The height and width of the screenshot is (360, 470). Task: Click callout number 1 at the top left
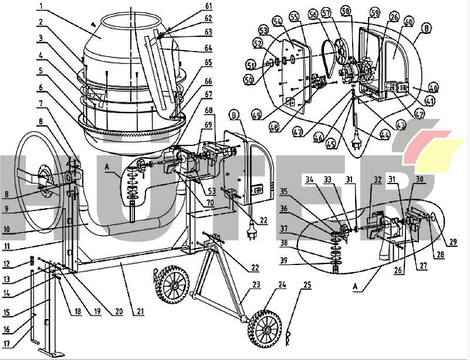point(41,6)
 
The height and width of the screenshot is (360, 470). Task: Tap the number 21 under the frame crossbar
point(139,312)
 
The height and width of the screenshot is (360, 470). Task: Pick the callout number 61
point(208,6)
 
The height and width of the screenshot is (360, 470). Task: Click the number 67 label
point(208,94)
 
